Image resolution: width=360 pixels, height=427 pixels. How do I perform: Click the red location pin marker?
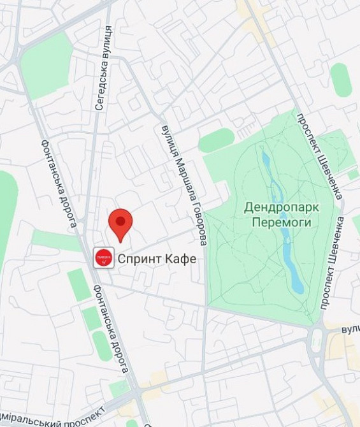click(120, 224)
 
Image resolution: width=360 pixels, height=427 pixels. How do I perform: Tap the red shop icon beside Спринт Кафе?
click(104, 258)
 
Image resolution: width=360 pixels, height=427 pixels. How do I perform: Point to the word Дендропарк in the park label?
click(281, 208)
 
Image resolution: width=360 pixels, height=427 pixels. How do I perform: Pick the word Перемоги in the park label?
click(281, 222)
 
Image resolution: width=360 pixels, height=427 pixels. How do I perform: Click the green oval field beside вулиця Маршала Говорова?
click(217, 140)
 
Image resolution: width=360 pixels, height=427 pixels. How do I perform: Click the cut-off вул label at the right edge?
click(350, 329)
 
